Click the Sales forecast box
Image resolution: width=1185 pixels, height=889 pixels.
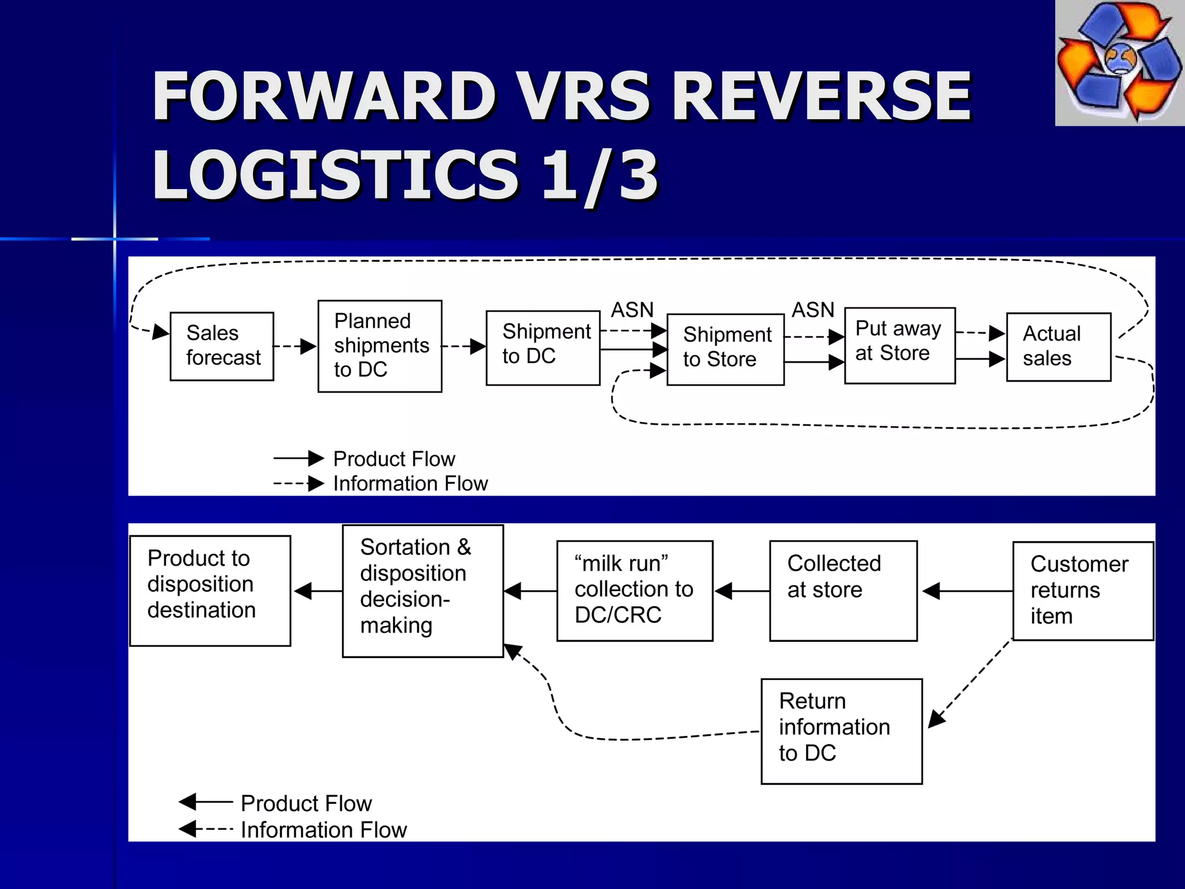point(222,346)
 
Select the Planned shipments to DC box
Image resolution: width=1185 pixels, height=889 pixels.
point(380,346)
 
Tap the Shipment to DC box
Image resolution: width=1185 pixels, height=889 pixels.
point(543,347)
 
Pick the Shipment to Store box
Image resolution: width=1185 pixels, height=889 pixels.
point(726,350)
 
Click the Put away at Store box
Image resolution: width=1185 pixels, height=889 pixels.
point(899,346)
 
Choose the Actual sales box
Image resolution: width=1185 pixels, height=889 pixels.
point(1058,347)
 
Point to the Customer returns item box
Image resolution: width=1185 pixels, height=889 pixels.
point(1083,590)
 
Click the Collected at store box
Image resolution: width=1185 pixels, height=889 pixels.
point(843,590)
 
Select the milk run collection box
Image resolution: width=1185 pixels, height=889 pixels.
point(634,590)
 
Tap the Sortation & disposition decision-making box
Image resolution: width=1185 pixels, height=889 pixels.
point(422,590)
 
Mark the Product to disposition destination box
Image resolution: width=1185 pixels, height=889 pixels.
point(210,590)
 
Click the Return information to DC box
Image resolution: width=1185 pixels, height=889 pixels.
point(841,731)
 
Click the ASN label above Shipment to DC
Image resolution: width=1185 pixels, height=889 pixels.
point(632,310)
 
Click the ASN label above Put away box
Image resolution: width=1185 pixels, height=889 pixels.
point(813,310)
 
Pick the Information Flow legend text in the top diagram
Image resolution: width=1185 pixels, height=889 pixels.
point(410,483)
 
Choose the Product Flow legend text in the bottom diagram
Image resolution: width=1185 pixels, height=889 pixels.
point(306,803)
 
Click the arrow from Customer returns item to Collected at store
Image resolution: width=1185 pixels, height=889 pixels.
point(966,591)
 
